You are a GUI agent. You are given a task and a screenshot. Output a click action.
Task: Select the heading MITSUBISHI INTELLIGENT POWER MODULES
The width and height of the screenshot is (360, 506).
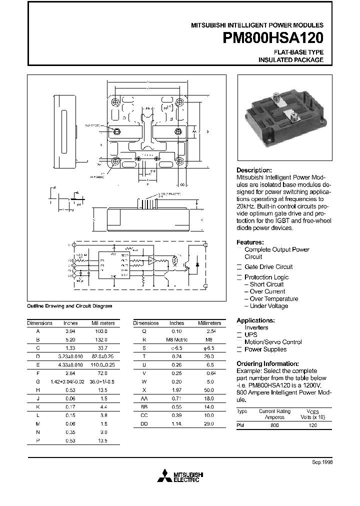click(257, 24)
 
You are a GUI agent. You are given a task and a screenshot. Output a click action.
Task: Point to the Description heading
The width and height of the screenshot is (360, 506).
click(254, 170)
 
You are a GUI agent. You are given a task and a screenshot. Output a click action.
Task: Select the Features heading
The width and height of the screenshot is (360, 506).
click(250, 242)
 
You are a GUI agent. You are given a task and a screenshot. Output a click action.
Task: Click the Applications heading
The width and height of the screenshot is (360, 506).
click(255, 320)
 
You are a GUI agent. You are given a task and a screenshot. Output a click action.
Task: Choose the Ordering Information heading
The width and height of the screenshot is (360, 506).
click(267, 363)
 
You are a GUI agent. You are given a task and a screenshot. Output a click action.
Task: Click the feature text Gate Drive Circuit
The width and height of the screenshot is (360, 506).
click(268, 267)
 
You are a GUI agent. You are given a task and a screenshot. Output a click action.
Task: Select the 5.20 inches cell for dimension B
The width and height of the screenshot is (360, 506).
click(70, 338)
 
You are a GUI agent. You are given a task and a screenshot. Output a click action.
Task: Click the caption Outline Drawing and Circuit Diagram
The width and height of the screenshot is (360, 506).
click(69, 306)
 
